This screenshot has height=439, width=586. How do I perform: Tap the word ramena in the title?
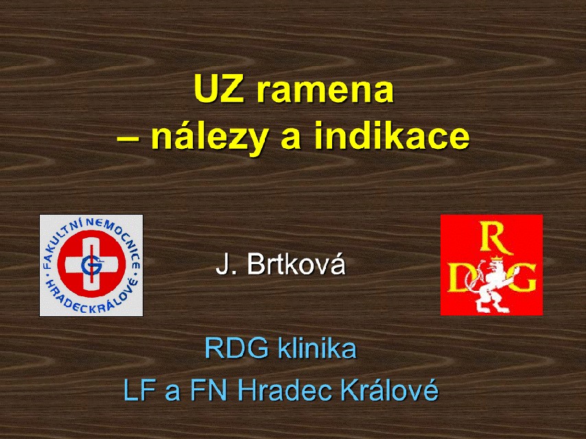(x=325, y=91)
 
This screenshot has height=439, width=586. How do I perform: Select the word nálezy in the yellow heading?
(x=210, y=137)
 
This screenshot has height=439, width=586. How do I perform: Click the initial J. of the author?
(x=226, y=265)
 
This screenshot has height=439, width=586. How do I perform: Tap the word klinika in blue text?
(x=316, y=348)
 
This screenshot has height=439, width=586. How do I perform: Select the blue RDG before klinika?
(x=237, y=348)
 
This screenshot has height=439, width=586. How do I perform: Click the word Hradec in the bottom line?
(x=284, y=390)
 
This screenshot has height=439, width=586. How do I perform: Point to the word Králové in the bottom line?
(x=389, y=390)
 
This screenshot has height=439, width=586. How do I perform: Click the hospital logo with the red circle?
(x=91, y=265)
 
